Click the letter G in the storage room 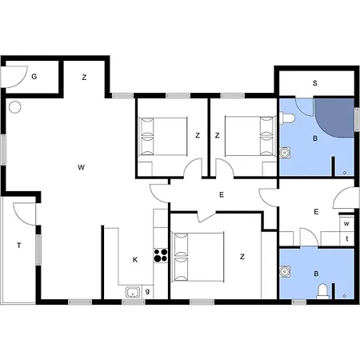pos(34,77)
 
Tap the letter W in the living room pos(81,167)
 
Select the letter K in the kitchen pos(135,260)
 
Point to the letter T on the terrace pos(19,246)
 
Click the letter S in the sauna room pos(315,83)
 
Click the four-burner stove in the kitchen pos(161,255)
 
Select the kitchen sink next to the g pos(133,292)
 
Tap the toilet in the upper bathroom pos(286,118)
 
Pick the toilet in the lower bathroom pos(322,291)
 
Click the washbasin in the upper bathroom pos(285,153)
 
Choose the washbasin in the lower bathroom pos(285,271)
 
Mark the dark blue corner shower pos(334,118)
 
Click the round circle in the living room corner pos(14,107)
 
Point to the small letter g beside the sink pos(147,291)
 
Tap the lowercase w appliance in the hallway pos(346,223)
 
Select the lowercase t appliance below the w pos(347,238)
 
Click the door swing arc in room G pos(23,81)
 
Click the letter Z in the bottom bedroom pos(242,257)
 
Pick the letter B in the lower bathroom pos(316,274)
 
